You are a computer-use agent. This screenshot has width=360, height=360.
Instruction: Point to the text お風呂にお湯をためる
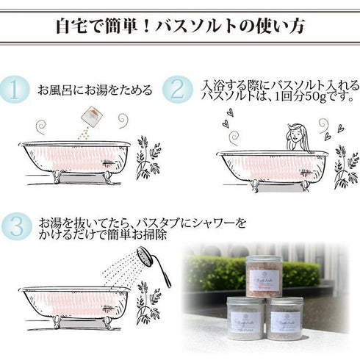[96, 91]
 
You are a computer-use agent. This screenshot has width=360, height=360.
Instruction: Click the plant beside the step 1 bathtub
[148, 161]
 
